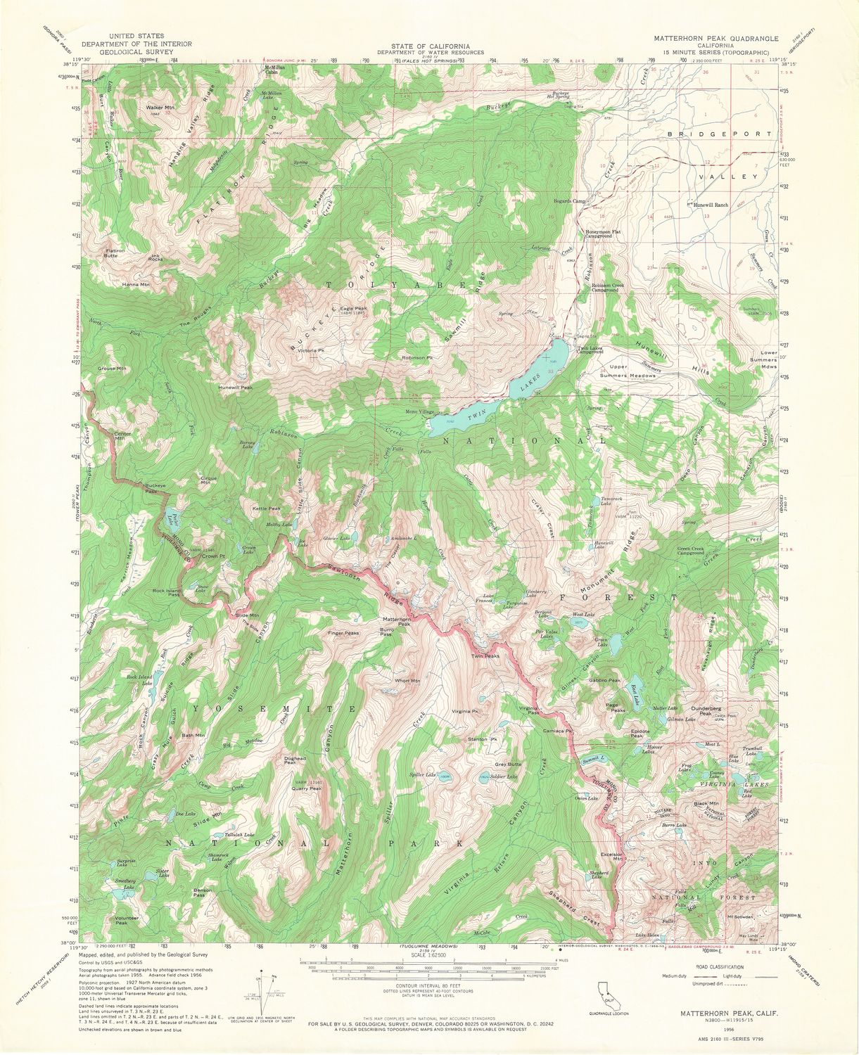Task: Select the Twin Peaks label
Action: (485, 656)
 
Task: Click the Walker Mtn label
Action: (159, 108)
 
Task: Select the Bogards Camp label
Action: (569, 201)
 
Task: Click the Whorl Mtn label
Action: (407, 680)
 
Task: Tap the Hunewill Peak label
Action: (235, 388)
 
